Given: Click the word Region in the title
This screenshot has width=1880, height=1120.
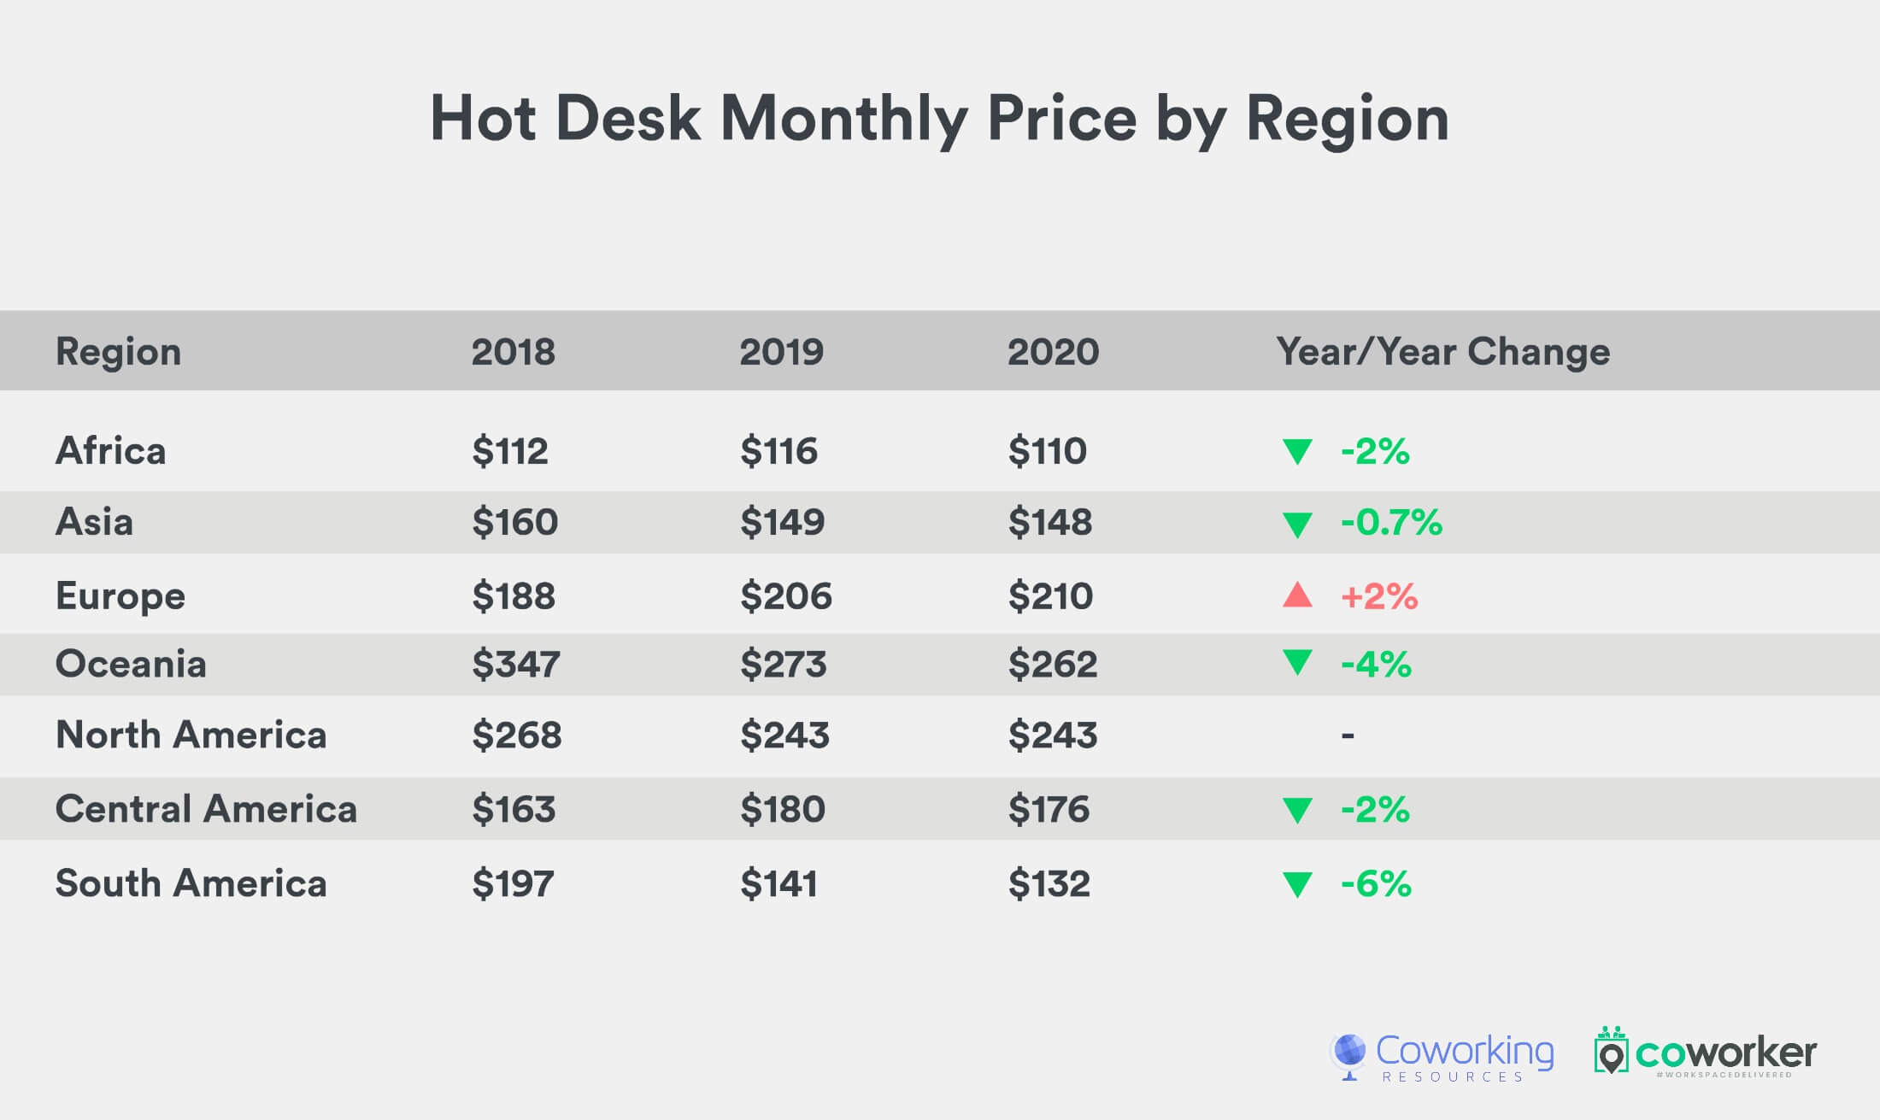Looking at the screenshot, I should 1347,120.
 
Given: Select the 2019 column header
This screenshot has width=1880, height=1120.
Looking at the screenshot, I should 781,352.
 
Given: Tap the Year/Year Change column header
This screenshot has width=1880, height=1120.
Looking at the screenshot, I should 1442,352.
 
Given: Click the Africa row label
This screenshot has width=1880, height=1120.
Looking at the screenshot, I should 110,451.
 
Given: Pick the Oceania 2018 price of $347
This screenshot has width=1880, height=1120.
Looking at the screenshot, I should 515,664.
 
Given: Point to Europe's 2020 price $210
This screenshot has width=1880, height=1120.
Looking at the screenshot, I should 1050,596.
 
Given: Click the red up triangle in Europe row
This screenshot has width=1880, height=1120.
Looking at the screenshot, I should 1297,595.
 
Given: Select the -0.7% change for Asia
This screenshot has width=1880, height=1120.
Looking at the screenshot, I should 1391,522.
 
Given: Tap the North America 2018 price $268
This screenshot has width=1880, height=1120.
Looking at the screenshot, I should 516,735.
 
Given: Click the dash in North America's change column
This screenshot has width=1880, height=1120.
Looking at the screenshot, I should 1348,735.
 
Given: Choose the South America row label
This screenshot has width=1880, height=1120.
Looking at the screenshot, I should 191,883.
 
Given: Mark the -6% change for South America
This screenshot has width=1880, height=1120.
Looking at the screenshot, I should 1376,883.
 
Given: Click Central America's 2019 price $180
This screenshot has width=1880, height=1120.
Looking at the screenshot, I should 782,809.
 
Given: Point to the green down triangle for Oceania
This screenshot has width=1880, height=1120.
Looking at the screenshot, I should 1297,662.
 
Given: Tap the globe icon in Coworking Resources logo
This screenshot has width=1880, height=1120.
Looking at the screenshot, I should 1350,1053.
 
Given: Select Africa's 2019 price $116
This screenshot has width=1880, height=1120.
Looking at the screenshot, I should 778,451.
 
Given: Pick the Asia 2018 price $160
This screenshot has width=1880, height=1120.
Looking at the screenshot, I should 514,522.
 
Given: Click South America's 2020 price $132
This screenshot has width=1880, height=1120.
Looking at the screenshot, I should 1049,883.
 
